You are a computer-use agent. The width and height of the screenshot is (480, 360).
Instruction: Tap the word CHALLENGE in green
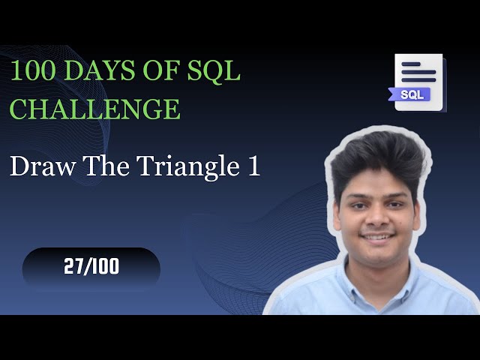(94, 109)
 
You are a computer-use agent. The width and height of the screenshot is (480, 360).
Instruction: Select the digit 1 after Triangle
(253, 166)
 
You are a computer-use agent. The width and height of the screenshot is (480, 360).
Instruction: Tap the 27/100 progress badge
(91, 268)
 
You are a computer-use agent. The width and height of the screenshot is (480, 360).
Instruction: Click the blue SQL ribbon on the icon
(410, 95)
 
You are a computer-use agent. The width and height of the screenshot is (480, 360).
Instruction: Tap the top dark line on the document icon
(418, 66)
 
